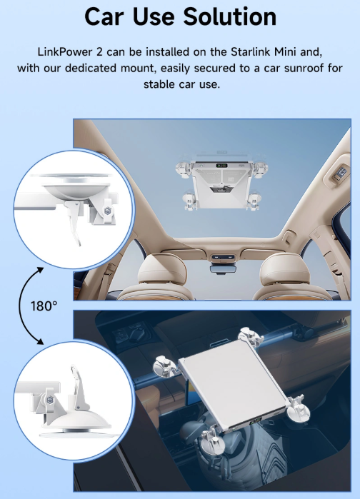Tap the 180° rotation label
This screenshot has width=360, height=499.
[44, 306]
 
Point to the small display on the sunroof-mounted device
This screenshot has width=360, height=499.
[224, 166]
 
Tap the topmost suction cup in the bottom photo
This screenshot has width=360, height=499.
[250, 334]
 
